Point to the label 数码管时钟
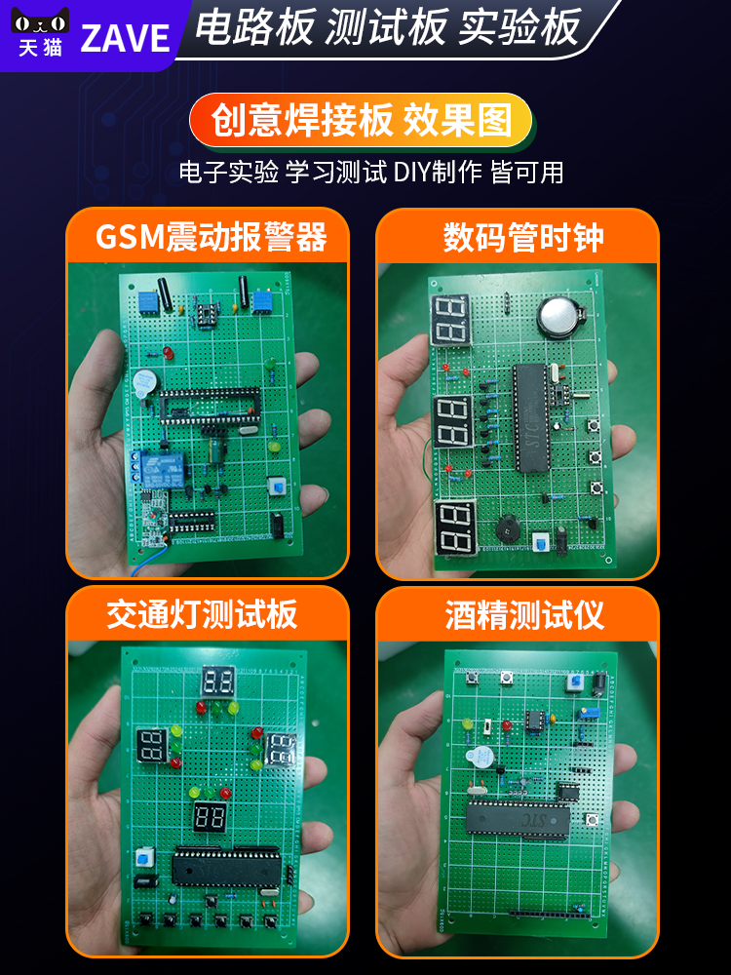[x=523, y=237]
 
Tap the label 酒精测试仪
[x=524, y=614]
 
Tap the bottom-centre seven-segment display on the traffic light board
[x=212, y=817]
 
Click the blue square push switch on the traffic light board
[x=145, y=858]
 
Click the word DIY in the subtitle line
[x=410, y=173]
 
